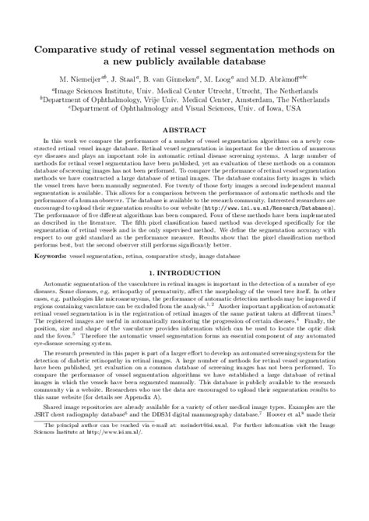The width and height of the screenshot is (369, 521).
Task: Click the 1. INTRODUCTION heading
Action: (184, 274)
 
